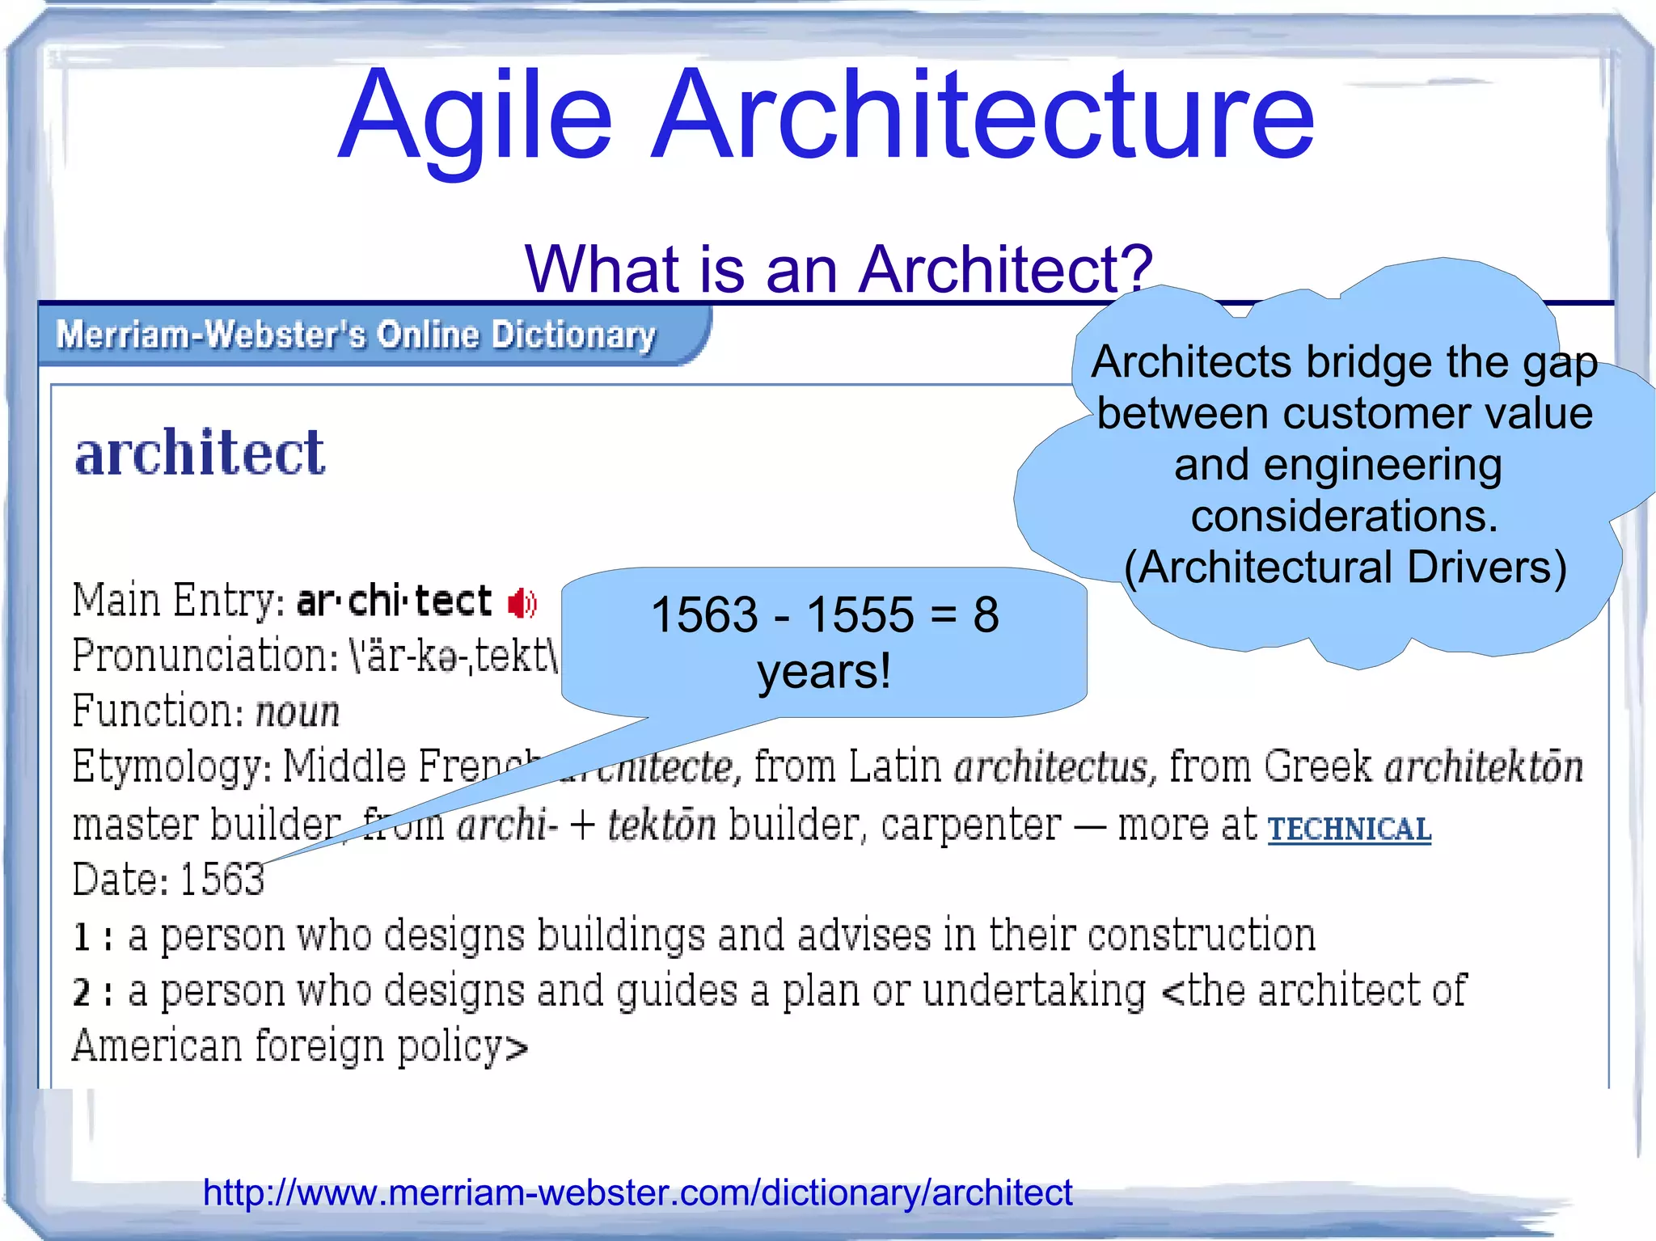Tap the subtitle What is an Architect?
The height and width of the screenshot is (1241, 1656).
tap(838, 269)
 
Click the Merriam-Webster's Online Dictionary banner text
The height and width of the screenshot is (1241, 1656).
tap(356, 335)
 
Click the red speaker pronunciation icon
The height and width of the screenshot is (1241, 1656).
tap(522, 603)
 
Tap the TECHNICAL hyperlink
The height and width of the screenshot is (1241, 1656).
tap(1349, 829)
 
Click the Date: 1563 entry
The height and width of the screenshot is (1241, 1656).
tap(168, 880)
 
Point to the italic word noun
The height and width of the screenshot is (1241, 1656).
tap(298, 712)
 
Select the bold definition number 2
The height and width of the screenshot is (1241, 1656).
tap(82, 993)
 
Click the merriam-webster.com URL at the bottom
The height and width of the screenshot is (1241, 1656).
tap(637, 1192)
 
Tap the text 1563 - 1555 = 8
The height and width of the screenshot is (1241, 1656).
tap(824, 614)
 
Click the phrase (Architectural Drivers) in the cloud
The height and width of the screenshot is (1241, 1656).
tap(1345, 568)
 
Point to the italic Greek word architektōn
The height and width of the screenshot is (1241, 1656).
tap(1483, 767)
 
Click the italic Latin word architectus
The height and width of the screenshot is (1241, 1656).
tap(1050, 767)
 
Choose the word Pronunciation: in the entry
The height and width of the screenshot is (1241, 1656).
tap(205, 656)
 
